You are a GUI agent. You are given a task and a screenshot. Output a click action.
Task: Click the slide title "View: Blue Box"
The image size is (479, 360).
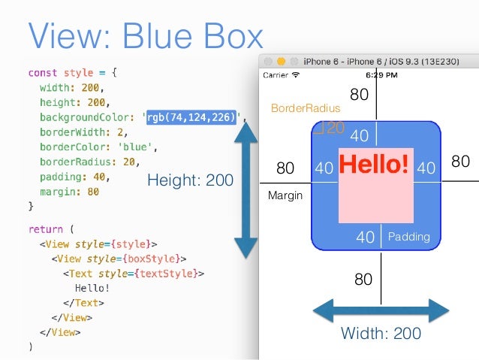(x=146, y=35)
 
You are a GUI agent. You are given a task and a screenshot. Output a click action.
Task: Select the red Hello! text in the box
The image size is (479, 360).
(x=375, y=163)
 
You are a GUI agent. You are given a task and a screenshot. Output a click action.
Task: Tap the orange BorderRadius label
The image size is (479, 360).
(x=300, y=108)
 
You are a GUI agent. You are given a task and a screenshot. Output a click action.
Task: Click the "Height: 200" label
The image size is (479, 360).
(x=190, y=180)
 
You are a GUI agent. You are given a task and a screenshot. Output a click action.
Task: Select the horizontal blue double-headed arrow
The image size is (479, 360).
(x=381, y=310)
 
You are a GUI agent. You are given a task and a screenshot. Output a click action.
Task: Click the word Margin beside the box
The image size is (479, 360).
(x=285, y=195)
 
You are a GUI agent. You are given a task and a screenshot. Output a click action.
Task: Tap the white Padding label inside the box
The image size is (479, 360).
(x=408, y=237)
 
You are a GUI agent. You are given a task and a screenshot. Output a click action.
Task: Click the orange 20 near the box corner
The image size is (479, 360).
(x=335, y=128)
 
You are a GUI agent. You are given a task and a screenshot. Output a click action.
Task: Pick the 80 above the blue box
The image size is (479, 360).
(x=360, y=95)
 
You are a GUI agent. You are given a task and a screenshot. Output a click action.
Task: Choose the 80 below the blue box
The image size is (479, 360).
(x=363, y=280)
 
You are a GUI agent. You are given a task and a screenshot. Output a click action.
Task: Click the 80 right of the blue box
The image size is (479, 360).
(x=460, y=162)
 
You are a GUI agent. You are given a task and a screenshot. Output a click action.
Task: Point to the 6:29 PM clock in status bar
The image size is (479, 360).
(x=381, y=75)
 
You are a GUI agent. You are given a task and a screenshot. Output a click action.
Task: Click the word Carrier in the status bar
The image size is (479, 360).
(x=276, y=75)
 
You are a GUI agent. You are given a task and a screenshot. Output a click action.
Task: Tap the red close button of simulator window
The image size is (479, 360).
(x=268, y=61)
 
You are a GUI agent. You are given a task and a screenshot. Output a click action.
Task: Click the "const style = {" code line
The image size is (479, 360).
(x=73, y=73)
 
